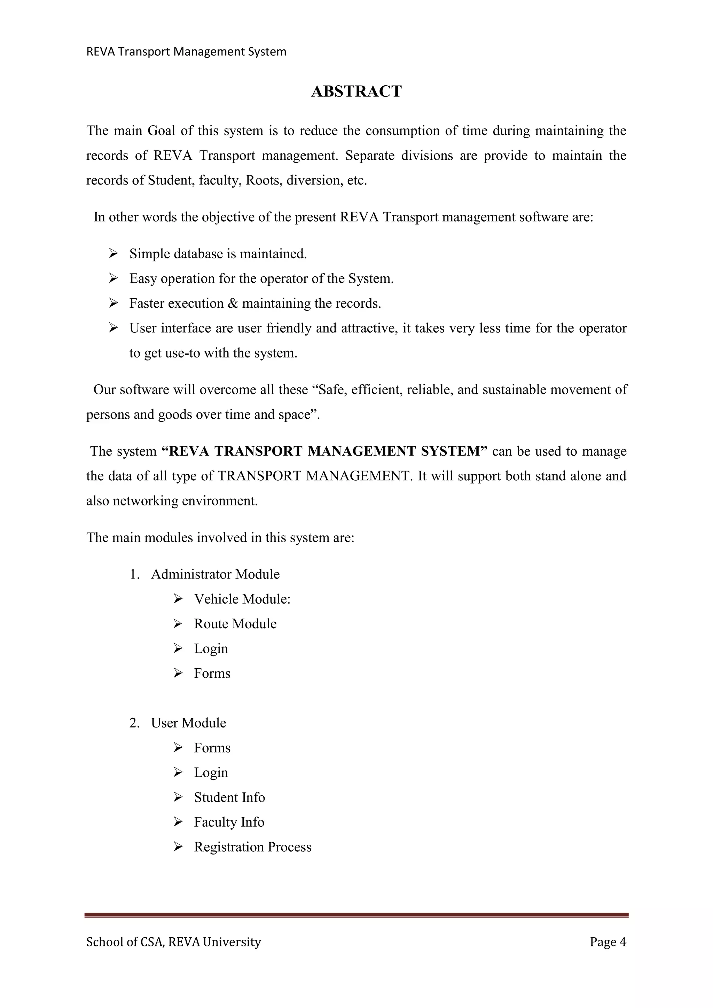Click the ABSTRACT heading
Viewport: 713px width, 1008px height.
pyautogui.click(x=356, y=91)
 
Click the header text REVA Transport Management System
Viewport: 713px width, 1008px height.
pyautogui.click(x=186, y=52)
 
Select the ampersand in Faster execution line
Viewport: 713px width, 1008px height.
pyautogui.click(x=233, y=304)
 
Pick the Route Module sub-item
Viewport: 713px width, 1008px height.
pyautogui.click(x=235, y=624)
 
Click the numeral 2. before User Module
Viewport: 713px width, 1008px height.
pyautogui.click(x=134, y=723)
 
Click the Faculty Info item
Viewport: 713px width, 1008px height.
pyautogui.click(x=229, y=822)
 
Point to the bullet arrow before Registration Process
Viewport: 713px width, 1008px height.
pyautogui.click(x=178, y=847)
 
